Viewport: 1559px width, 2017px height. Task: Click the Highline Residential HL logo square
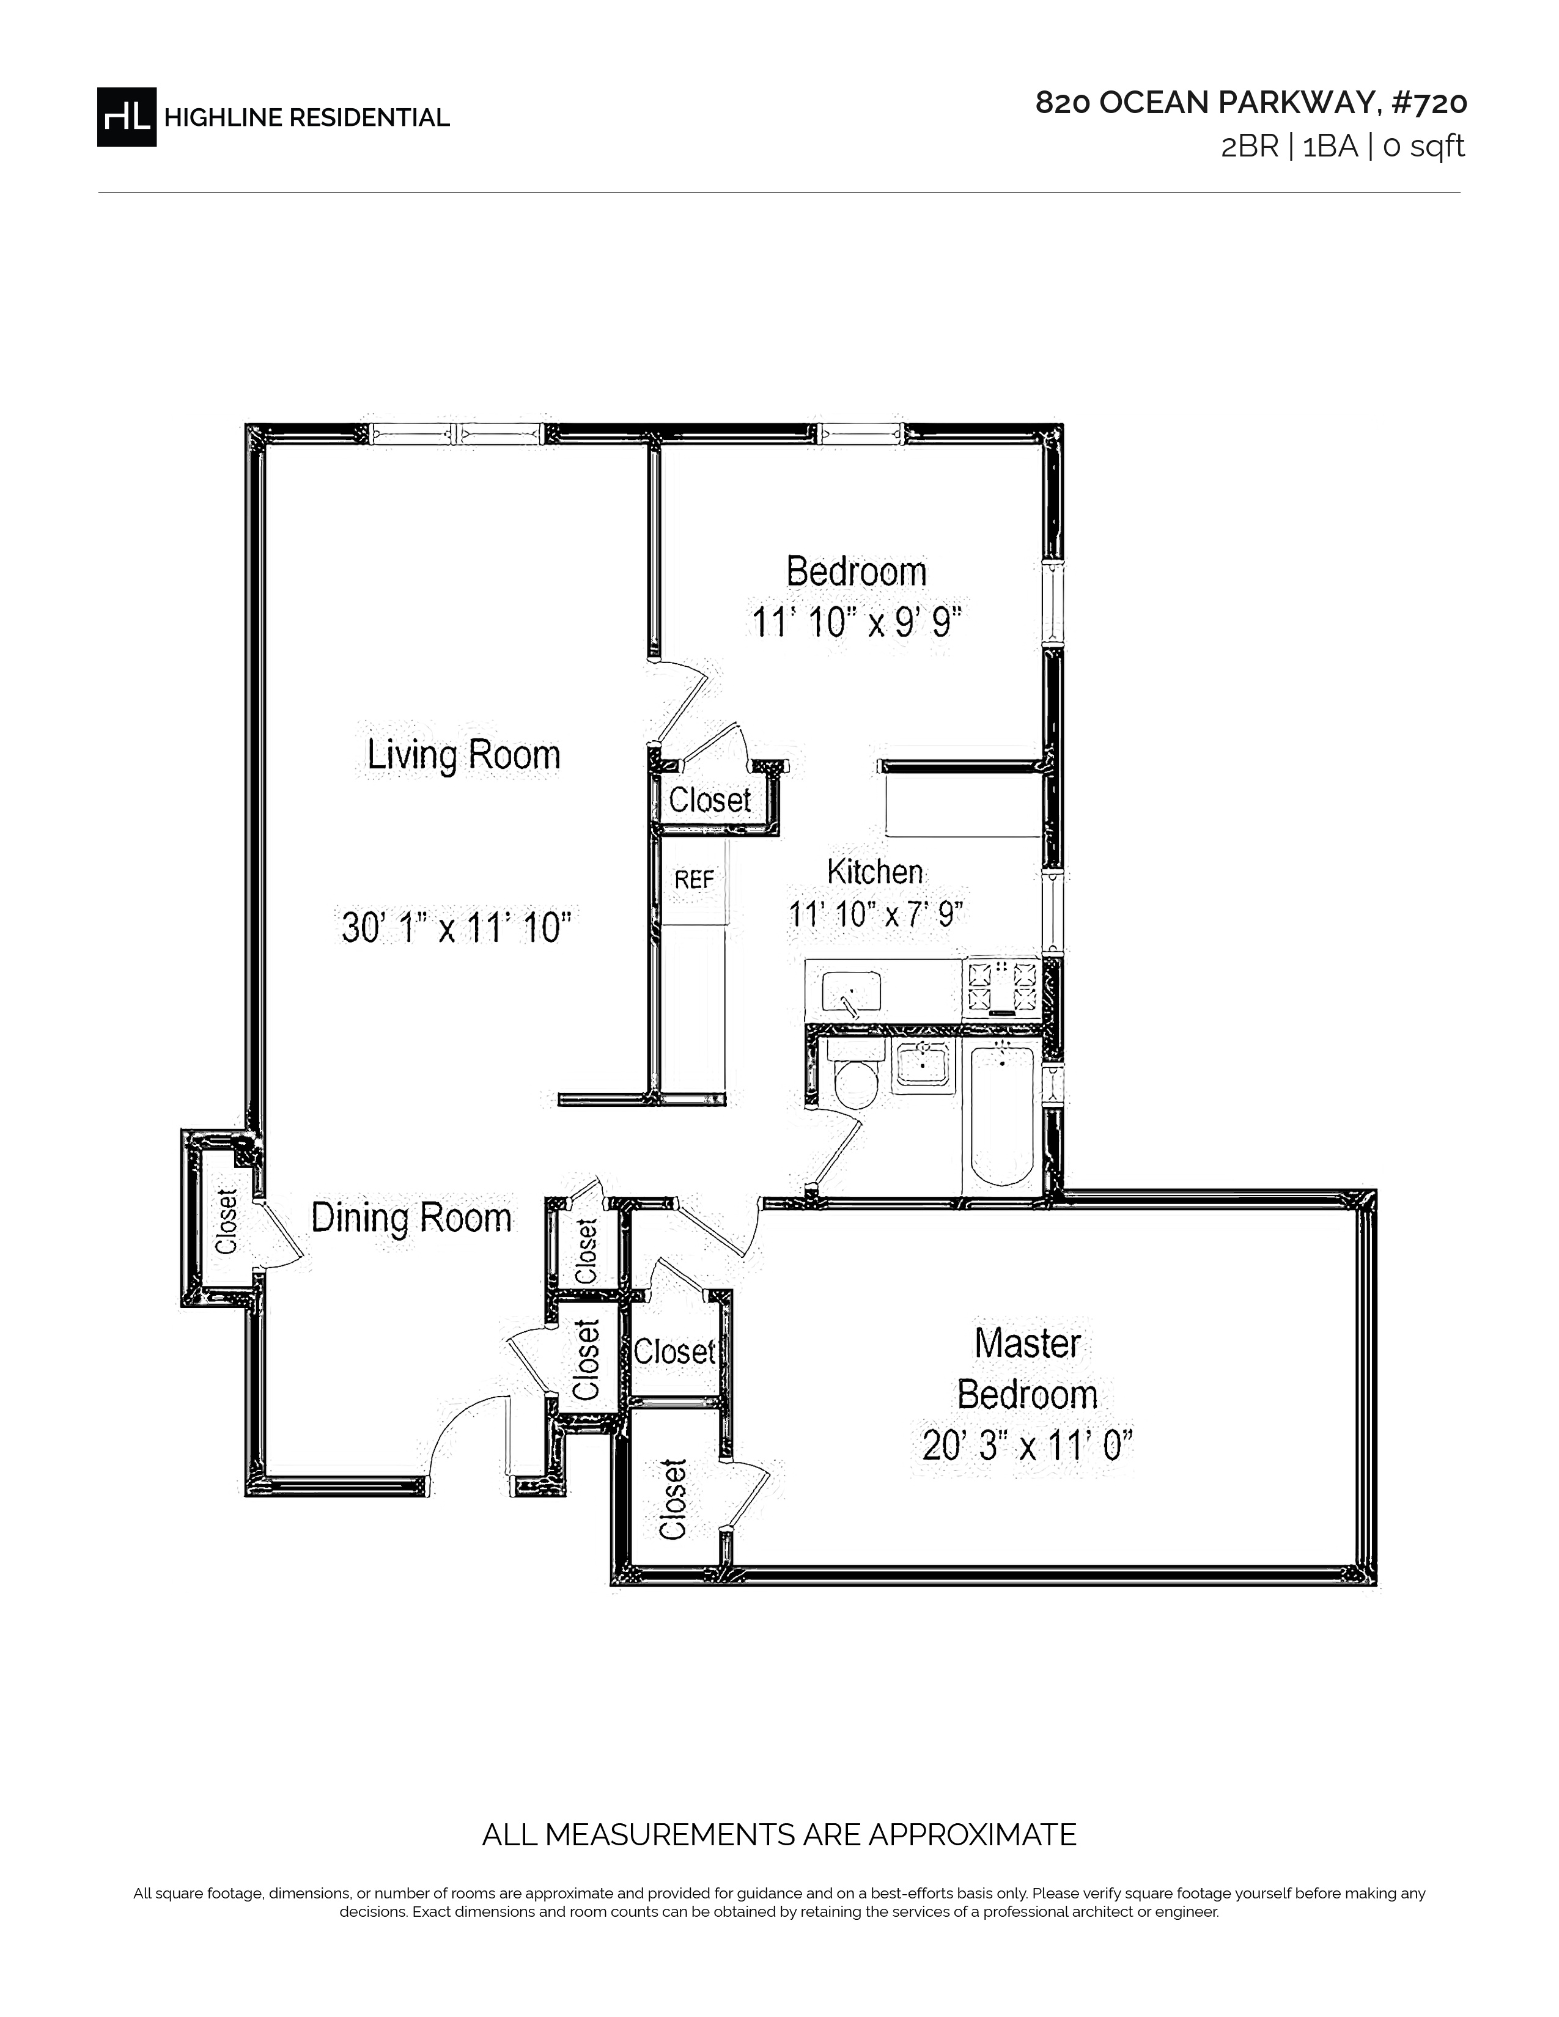coord(127,117)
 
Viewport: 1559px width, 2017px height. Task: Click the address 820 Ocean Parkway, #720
coord(1251,103)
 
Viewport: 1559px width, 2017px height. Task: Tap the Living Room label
coord(463,754)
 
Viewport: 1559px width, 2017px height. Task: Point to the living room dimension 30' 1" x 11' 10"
coord(456,927)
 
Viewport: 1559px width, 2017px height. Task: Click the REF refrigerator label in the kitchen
coord(694,879)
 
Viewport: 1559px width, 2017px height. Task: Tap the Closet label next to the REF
coord(709,800)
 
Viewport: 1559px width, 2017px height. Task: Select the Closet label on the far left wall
coord(226,1221)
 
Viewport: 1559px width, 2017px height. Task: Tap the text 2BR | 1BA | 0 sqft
coord(1343,147)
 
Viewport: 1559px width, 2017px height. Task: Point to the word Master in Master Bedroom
coord(1027,1343)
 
